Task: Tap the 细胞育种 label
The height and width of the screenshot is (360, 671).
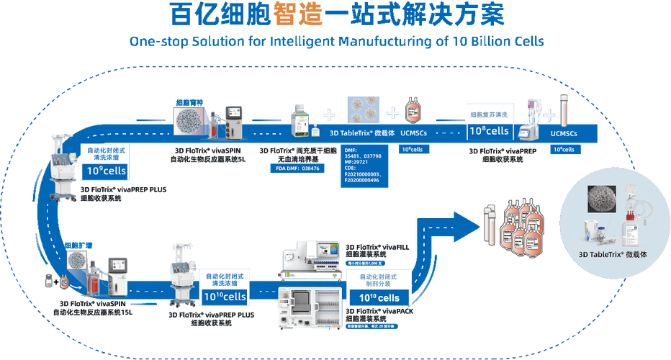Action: point(190,102)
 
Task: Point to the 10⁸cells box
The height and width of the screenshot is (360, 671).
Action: point(490,131)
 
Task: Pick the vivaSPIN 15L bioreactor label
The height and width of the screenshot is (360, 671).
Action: point(93,308)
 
